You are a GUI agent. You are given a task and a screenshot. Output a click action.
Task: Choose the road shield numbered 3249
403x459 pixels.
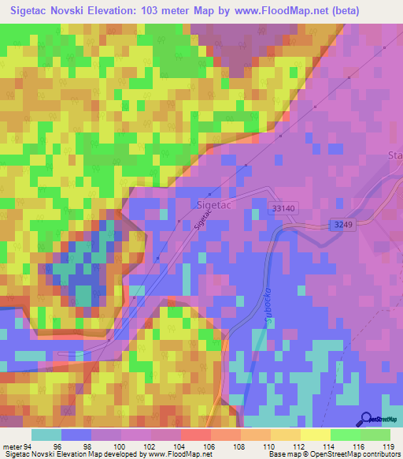[339, 225]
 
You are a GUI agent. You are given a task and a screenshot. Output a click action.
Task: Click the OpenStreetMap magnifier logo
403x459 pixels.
[366, 419]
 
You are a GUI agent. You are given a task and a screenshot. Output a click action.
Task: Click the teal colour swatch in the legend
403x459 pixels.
[46, 435]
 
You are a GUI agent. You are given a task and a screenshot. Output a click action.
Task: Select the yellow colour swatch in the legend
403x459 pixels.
[314, 435]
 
